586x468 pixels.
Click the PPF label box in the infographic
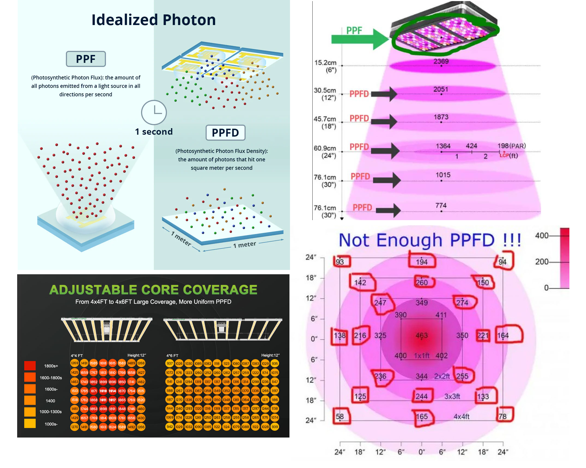[86, 59]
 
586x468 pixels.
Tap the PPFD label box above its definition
[225, 133]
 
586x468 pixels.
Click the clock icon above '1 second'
[154, 112]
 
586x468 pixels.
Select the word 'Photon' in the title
[189, 20]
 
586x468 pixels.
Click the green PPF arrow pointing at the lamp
[359, 39]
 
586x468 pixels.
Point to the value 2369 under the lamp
[441, 61]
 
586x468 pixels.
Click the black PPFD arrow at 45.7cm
[384, 121]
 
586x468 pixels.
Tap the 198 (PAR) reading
[511, 146]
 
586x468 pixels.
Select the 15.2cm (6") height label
[326, 66]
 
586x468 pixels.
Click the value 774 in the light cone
[441, 205]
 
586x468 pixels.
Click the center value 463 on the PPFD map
[422, 335]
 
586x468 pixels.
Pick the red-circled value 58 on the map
[340, 417]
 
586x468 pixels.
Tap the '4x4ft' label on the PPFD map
[462, 417]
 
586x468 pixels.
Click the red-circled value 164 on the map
[503, 335]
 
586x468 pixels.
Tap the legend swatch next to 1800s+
[30, 366]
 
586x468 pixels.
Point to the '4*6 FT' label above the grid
[172, 355]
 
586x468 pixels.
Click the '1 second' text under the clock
[154, 132]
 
